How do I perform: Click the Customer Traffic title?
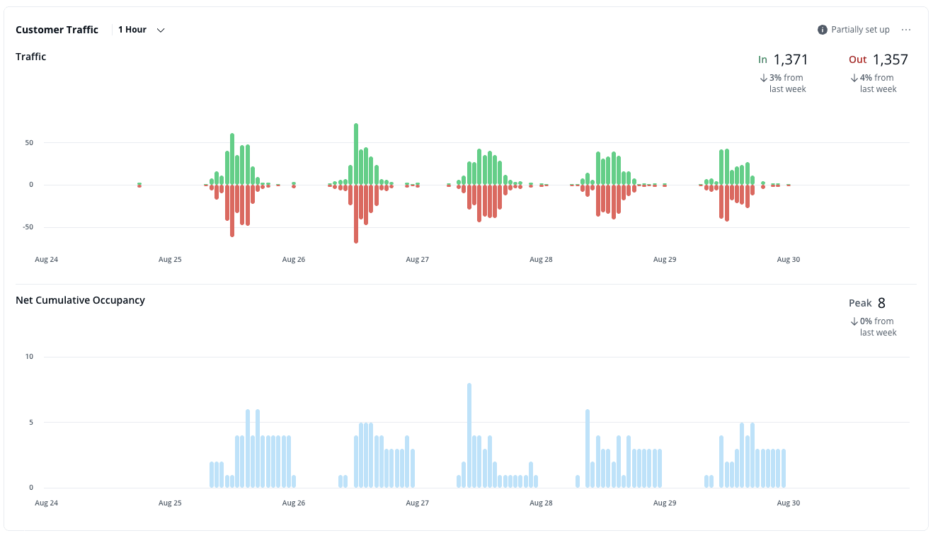click(57, 30)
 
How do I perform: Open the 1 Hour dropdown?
click(141, 30)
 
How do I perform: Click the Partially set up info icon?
click(822, 30)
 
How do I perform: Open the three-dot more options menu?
click(906, 30)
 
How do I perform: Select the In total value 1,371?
click(791, 59)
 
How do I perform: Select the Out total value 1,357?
click(890, 59)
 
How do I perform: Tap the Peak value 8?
click(881, 303)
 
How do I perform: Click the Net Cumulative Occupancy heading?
click(80, 300)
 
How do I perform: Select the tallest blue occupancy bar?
click(469, 435)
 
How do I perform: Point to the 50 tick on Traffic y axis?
click(29, 142)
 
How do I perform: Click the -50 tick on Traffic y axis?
click(27, 227)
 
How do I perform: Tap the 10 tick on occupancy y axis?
click(29, 357)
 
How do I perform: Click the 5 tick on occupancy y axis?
click(30, 423)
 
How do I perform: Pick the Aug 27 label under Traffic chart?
click(417, 260)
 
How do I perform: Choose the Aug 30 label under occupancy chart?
click(788, 503)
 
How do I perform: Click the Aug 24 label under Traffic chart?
click(46, 260)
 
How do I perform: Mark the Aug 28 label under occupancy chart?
click(541, 503)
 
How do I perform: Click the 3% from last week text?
click(786, 83)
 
